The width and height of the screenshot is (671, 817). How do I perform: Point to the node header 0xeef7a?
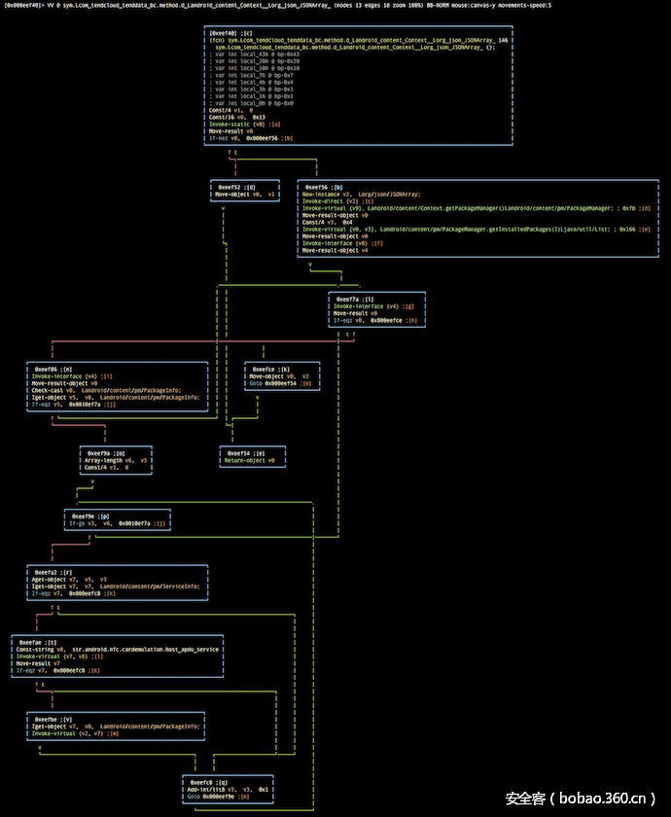352,299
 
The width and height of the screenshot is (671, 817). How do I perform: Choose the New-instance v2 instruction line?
361,195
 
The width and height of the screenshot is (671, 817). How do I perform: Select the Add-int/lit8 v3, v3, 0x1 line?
229,789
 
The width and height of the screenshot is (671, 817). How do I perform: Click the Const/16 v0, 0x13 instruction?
230,118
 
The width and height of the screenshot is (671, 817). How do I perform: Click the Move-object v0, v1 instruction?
246,195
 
